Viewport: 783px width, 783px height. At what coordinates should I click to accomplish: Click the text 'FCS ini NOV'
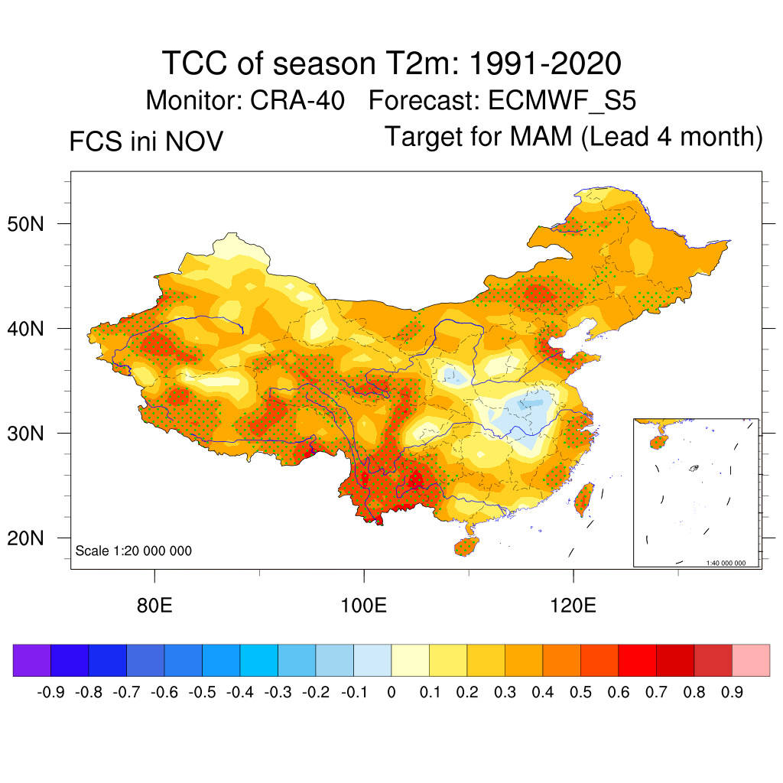click(146, 141)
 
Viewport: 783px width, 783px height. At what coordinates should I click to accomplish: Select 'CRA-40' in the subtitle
click(297, 100)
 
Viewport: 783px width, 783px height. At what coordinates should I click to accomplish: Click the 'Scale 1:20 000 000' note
click(134, 551)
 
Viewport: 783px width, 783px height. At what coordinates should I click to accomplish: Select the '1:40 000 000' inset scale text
click(731, 563)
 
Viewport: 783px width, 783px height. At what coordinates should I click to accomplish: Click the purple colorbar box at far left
click(32, 661)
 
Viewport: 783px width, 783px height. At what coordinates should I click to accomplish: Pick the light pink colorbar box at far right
click(751, 661)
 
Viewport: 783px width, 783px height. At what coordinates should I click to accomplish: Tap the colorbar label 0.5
click(580, 693)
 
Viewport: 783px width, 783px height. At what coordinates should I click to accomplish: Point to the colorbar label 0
click(391, 693)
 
